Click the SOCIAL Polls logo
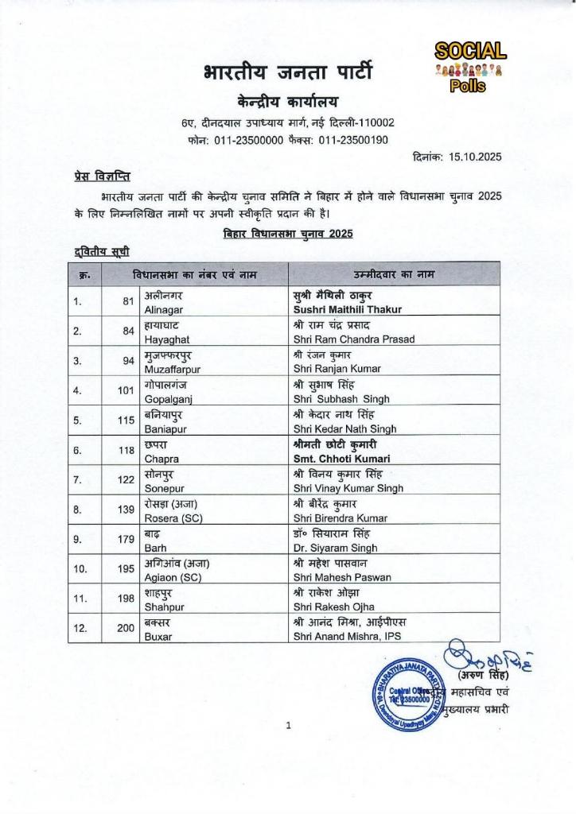[469, 67]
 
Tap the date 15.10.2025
[472, 157]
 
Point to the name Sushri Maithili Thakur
[348, 309]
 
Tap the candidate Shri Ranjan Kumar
[326, 369]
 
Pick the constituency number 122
[125, 481]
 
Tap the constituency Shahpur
[165, 608]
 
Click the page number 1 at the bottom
[288, 725]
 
